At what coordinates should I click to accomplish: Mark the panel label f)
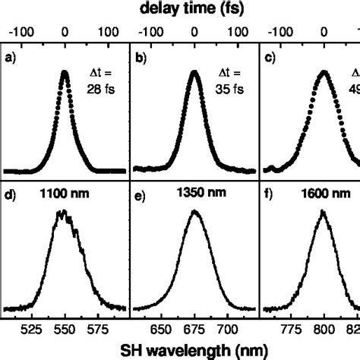tap(269, 194)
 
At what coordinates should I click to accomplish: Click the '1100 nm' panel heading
tap(66, 194)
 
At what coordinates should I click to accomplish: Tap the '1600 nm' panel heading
tap(325, 194)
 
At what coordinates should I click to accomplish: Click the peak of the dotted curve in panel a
tap(65, 73)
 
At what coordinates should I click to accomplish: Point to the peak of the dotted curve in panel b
tap(194, 74)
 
